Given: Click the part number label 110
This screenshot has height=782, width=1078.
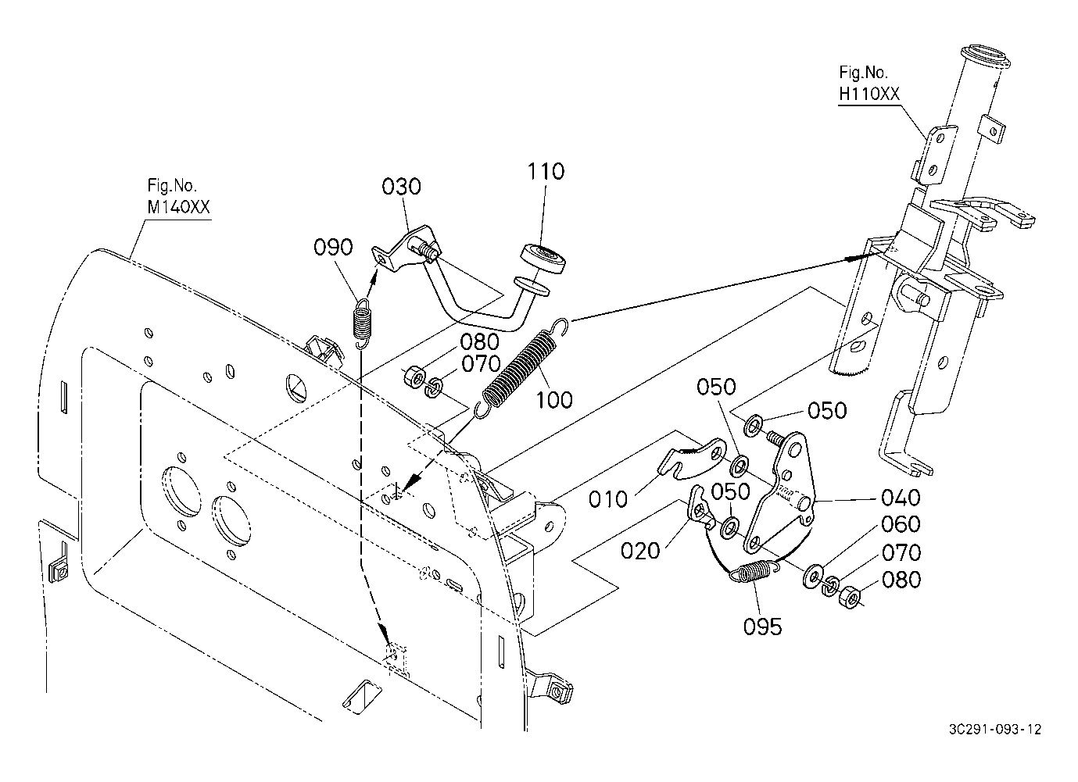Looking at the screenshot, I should click(546, 171).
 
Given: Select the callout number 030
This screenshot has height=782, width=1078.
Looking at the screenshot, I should click(402, 187).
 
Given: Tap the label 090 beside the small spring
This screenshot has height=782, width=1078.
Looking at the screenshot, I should click(334, 248).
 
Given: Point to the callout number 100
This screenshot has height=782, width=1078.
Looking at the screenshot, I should click(554, 400).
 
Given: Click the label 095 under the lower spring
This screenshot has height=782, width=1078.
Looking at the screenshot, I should click(763, 627).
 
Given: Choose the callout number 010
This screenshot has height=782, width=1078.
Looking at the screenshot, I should click(610, 498).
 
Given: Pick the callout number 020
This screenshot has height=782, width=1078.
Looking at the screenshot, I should click(641, 551).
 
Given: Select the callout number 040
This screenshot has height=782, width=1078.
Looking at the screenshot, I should click(901, 497).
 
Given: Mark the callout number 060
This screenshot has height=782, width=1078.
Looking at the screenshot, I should click(901, 524).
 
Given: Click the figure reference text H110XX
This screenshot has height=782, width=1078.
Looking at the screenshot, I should click(869, 95).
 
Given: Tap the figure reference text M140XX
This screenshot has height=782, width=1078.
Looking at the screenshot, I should click(178, 207).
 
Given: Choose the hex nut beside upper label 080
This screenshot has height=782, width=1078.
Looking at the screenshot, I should click(413, 377).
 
